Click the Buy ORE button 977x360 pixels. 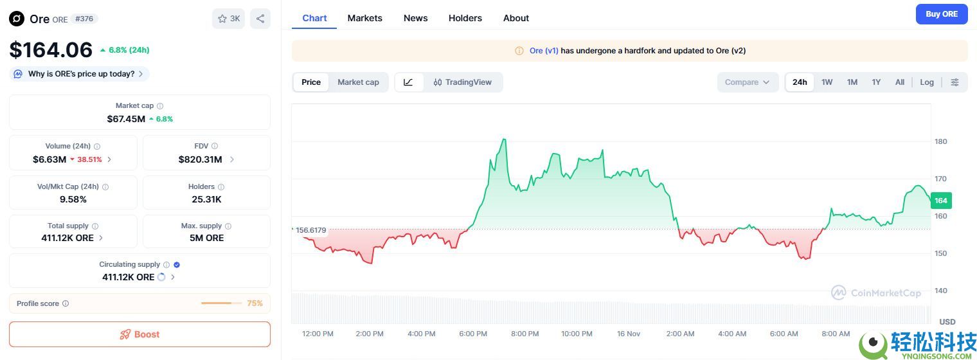(x=941, y=14)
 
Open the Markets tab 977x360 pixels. (x=364, y=18)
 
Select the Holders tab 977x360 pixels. (x=465, y=18)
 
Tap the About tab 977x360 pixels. (x=515, y=18)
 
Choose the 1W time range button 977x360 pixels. (x=827, y=82)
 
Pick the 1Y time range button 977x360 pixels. (x=876, y=82)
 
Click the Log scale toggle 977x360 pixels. (x=926, y=82)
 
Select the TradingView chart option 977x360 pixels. (x=463, y=82)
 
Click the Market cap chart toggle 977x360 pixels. (x=358, y=82)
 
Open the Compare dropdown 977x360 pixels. (x=748, y=82)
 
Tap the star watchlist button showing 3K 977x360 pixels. (x=228, y=19)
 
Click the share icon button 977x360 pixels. (x=260, y=19)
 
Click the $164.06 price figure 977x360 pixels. (x=51, y=50)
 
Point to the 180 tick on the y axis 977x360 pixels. (x=940, y=141)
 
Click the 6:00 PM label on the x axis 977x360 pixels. (x=473, y=334)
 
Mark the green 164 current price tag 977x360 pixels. (x=940, y=201)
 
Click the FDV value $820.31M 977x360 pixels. (x=201, y=159)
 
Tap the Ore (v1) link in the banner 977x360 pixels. (x=544, y=51)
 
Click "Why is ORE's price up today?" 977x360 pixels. (x=81, y=74)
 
